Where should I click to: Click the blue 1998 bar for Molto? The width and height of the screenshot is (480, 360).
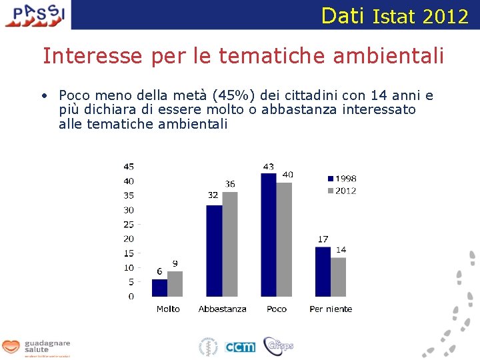159,288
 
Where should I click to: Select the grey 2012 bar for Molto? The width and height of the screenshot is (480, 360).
175,284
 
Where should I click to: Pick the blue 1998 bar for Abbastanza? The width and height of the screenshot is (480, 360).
214,251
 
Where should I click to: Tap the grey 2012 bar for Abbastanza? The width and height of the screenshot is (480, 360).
230,244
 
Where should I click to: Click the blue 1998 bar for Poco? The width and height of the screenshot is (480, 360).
269,235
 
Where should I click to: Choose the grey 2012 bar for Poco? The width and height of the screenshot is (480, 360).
284,239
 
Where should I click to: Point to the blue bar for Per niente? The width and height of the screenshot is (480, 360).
323,272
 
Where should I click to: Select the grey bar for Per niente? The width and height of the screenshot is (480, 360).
339,277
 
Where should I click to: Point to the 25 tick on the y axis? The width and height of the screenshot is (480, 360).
128,225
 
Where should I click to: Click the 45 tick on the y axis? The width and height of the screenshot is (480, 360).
128,167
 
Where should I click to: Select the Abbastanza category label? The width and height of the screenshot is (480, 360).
223,309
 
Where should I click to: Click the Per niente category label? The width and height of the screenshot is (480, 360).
331,309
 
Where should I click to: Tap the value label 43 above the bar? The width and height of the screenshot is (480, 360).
268,167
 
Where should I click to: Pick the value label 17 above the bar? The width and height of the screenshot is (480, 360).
323,239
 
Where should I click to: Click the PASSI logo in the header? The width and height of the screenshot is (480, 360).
36,14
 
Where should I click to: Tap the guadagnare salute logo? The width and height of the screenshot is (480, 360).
36,347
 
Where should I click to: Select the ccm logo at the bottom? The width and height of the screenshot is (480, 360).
240,347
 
